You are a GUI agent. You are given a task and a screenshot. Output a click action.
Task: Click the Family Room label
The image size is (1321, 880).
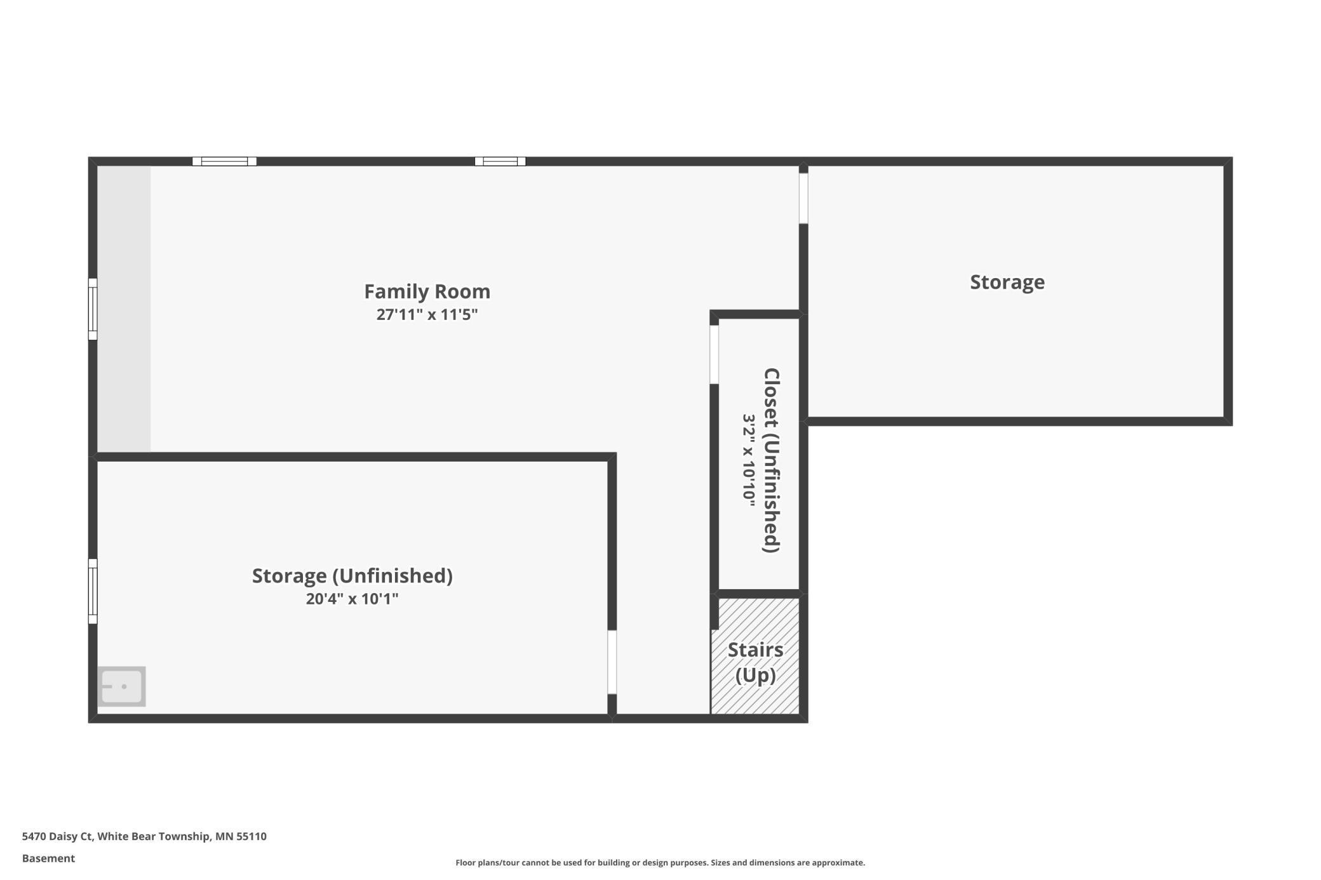pos(427,291)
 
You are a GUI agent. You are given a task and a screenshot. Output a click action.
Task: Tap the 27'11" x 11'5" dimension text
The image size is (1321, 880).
pos(427,314)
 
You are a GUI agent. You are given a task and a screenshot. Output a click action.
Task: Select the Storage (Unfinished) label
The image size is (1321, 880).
pos(352,576)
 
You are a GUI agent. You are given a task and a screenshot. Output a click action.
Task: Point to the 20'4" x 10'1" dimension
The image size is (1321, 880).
pos(352,599)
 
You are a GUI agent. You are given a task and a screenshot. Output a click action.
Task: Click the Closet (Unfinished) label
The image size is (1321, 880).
pos(772,460)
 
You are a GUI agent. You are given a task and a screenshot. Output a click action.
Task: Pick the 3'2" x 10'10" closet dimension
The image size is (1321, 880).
pos(749,460)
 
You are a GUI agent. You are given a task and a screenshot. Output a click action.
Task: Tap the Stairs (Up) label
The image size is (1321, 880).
pos(755,662)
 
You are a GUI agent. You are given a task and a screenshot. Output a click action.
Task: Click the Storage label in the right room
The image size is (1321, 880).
pos(1007,282)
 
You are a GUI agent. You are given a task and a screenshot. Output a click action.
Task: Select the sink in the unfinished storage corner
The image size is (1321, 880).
pos(121,686)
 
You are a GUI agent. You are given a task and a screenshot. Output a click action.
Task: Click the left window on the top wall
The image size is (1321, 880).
pos(224,161)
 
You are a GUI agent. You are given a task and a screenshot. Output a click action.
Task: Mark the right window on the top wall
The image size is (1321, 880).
pos(500,161)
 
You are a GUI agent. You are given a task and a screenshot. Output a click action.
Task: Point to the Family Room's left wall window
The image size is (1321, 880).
pos(93,309)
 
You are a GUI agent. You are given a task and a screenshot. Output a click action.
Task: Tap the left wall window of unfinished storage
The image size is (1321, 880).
pos(93,591)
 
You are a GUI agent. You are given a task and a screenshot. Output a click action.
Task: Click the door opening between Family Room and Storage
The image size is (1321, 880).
pos(803,198)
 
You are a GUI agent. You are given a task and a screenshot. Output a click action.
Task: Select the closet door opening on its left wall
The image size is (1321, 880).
pos(714,354)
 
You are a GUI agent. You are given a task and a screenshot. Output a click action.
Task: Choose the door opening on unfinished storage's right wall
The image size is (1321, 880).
pos(612,662)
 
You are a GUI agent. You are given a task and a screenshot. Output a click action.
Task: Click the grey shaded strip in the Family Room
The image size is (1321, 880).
pos(124,309)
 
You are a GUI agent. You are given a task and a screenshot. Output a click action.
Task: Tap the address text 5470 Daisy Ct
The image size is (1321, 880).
pos(58,836)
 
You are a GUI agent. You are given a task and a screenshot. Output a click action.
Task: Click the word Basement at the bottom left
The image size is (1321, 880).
pos(48,858)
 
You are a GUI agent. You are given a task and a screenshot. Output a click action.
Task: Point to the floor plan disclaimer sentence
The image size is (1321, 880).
pos(660,862)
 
